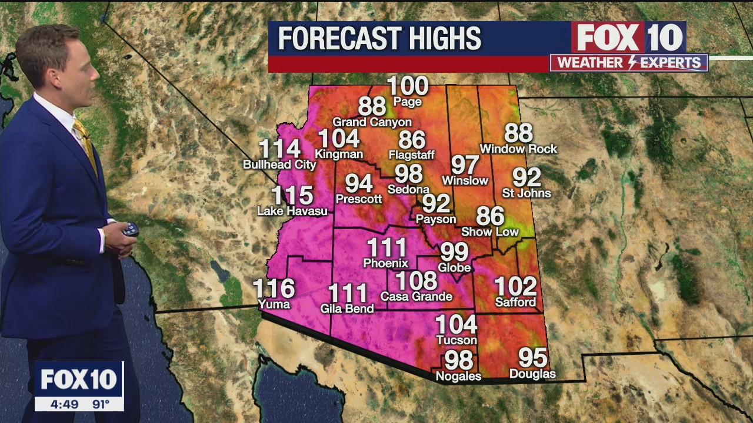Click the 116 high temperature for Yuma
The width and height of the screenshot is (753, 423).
pos(274,288)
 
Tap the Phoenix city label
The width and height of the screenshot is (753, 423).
pos(385,263)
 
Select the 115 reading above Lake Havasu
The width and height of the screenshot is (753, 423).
pos(292,195)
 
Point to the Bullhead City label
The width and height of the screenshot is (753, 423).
pos(279,165)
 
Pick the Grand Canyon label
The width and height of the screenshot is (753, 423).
pos(372,122)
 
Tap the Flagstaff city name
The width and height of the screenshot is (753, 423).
pos(412,155)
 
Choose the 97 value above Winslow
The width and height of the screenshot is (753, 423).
pos(465,165)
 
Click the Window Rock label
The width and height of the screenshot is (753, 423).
pos(518,149)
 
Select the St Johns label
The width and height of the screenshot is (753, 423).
pos(527,193)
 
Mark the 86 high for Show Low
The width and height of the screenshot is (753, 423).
pos(490,216)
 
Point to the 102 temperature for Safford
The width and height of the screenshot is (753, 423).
pos(515,287)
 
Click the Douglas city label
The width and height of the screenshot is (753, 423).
pos(532,374)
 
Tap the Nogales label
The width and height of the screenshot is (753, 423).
pos(458,376)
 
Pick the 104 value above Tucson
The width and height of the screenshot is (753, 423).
pos(456,324)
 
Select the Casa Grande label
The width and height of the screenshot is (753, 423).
pos(417,297)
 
